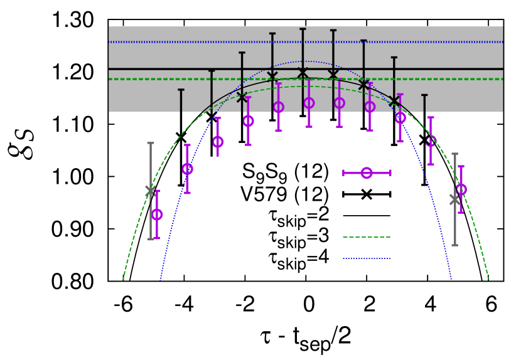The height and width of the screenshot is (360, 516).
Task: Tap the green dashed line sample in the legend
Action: tap(367, 236)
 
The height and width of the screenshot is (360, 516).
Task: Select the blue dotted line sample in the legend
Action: tap(367, 258)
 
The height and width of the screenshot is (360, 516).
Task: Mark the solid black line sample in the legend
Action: tap(367, 215)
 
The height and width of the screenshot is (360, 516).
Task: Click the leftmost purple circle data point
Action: tap(157, 214)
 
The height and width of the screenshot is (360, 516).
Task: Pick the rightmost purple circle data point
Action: tap(462, 189)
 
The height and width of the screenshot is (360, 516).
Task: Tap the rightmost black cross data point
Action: tap(394, 100)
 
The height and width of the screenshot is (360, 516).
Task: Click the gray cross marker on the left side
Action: tap(150, 190)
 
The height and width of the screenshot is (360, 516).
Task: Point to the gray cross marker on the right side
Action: tap(454, 199)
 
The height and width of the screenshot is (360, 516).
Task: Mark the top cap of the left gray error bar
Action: tap(150, 143)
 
